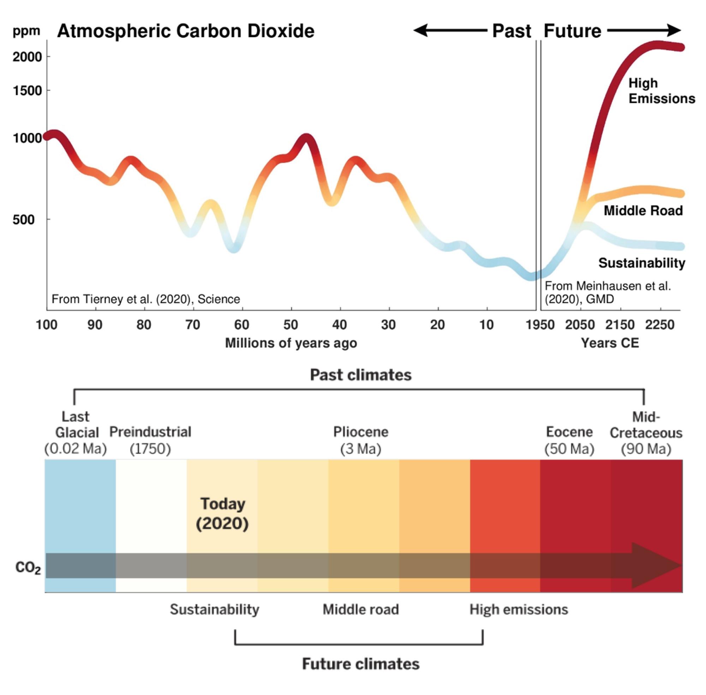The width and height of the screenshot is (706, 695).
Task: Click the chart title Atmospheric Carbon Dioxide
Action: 185,31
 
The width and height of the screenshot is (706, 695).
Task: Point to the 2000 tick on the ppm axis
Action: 28,57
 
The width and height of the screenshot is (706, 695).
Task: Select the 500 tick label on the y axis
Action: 24,220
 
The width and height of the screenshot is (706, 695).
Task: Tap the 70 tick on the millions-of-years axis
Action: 193,324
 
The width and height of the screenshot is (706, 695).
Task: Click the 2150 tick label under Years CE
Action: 620,324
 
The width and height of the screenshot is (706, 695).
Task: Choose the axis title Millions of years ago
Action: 291,343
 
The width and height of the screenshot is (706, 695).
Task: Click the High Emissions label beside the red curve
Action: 661,91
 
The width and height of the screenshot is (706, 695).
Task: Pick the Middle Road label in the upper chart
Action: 643,211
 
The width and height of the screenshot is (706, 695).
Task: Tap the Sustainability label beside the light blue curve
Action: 641,263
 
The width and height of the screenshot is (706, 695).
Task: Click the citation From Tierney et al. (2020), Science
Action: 146,299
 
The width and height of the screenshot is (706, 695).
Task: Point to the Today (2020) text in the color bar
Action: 222,514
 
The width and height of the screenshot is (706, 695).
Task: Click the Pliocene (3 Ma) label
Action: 360,440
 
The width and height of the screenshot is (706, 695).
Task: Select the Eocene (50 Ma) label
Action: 569,440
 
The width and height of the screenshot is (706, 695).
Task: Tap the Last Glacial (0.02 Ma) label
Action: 76,432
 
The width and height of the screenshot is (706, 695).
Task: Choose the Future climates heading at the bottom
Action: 360,664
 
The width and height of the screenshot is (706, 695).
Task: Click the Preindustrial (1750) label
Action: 150,440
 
